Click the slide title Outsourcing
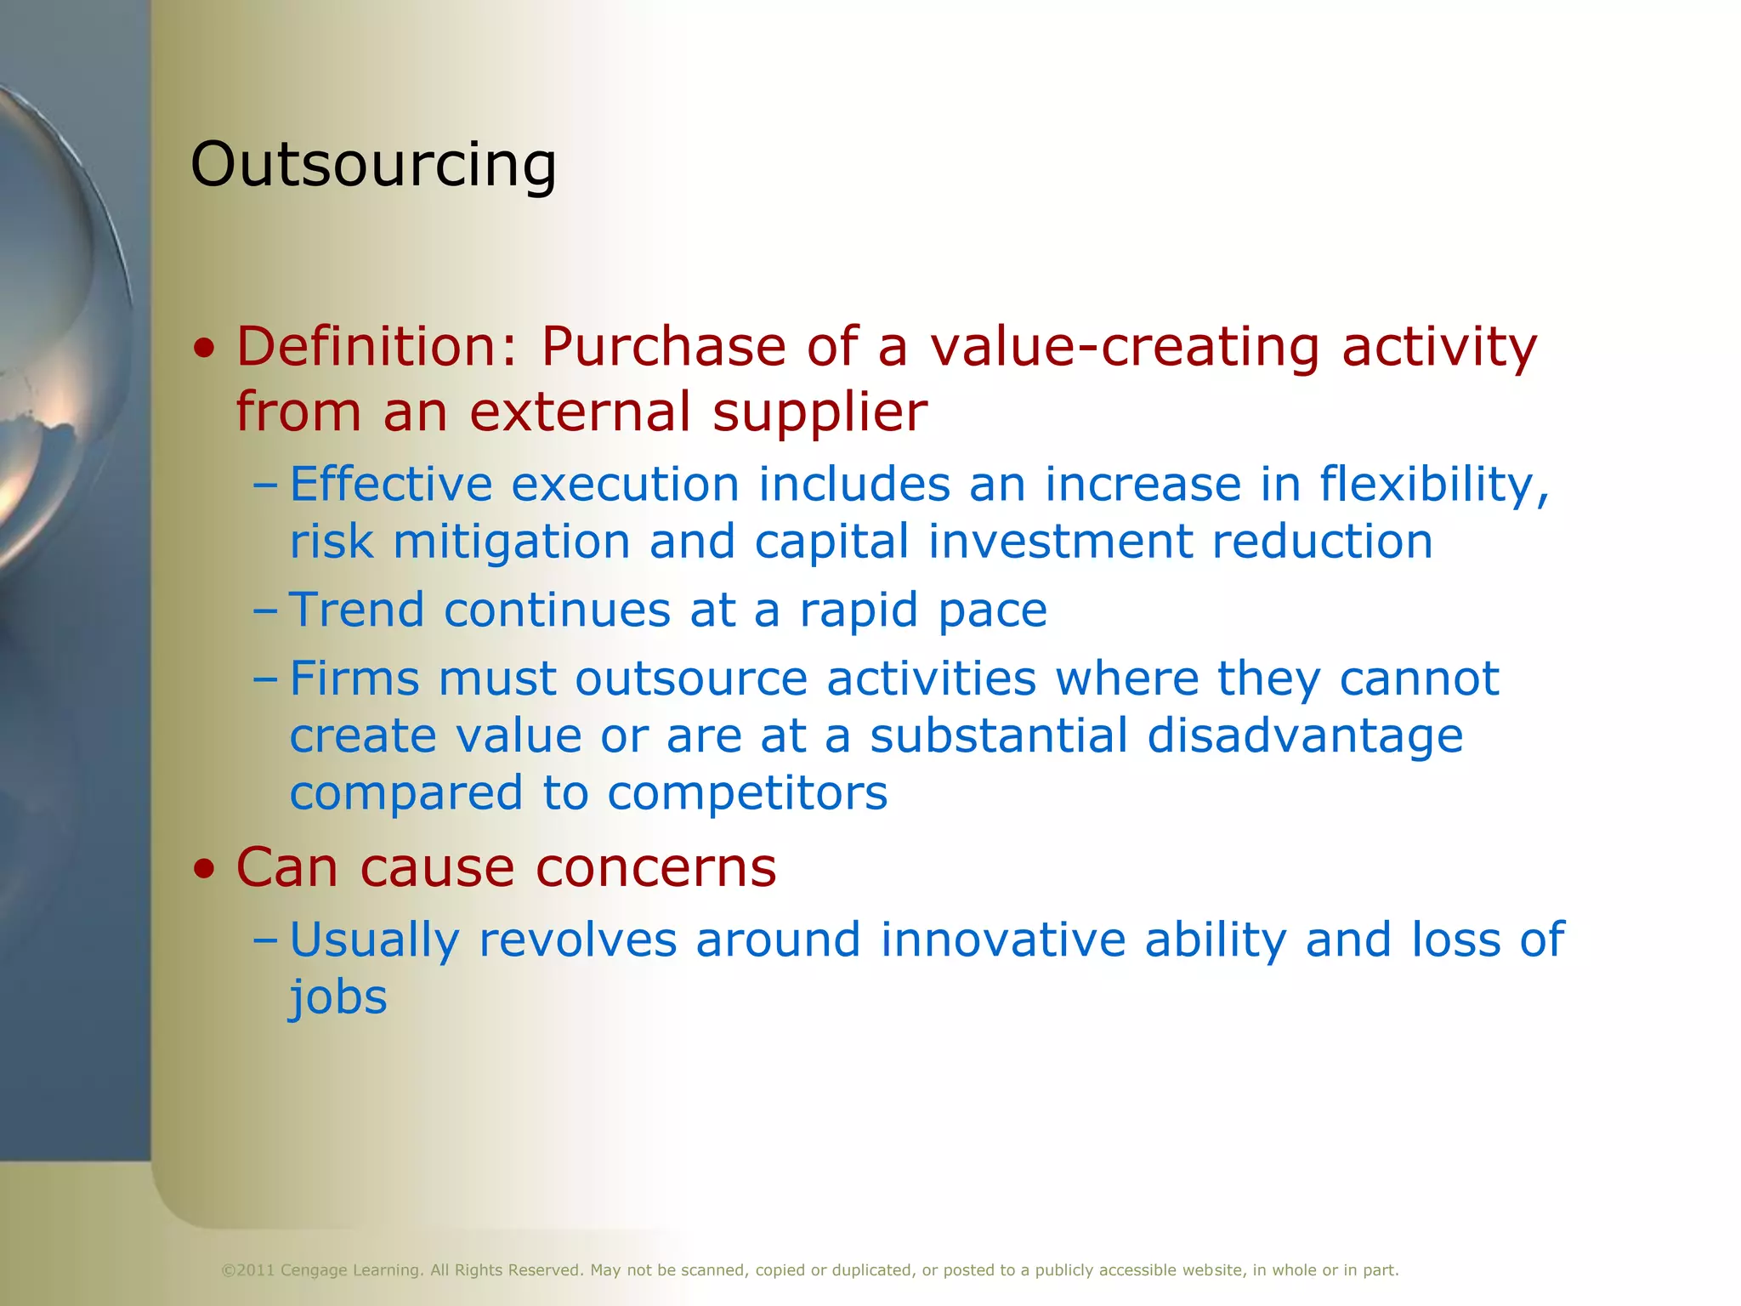[x=373, y=164]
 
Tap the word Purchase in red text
[x=663, y=349]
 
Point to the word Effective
[x=391, y=485]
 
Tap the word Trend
[x=357, y=610]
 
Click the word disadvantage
[x=1304, y=736]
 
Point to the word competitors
[x=747, y=793]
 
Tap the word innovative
[x=1002, y=940]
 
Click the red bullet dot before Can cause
[x=204, y=869]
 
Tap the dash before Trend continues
[x=265, y=610]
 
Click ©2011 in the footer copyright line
[x=247, y=1270]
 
